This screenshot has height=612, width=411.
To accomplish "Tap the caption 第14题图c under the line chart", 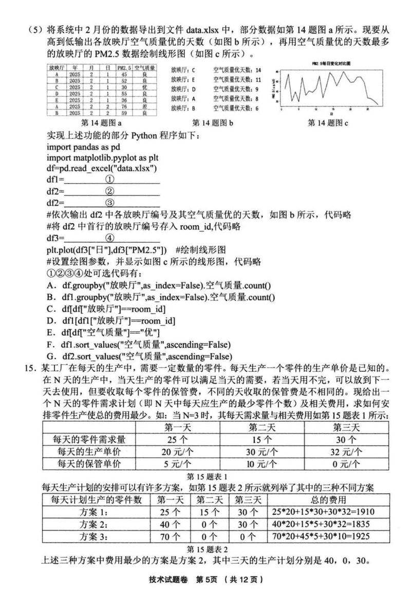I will pos(328,123).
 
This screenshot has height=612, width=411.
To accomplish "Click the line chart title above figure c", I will pos(330,63).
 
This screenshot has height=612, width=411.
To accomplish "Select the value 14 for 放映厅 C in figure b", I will pos(258,70).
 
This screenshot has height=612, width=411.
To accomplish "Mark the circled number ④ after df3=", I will pos(109,238).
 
